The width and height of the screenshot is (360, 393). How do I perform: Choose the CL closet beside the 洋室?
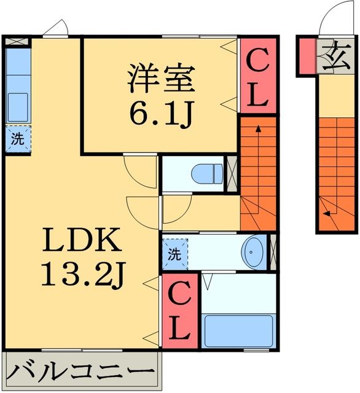(x=257, y=77)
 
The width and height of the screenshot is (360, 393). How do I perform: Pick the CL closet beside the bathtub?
(x=179, y=312)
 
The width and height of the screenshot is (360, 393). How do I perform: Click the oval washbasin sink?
(x=253, y=251)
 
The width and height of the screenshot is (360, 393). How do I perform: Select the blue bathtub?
(x=239, y=331)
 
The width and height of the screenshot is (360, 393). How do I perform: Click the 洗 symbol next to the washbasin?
(x=174, y=253)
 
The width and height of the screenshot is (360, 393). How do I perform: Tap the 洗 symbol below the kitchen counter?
(x=18, y=138)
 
